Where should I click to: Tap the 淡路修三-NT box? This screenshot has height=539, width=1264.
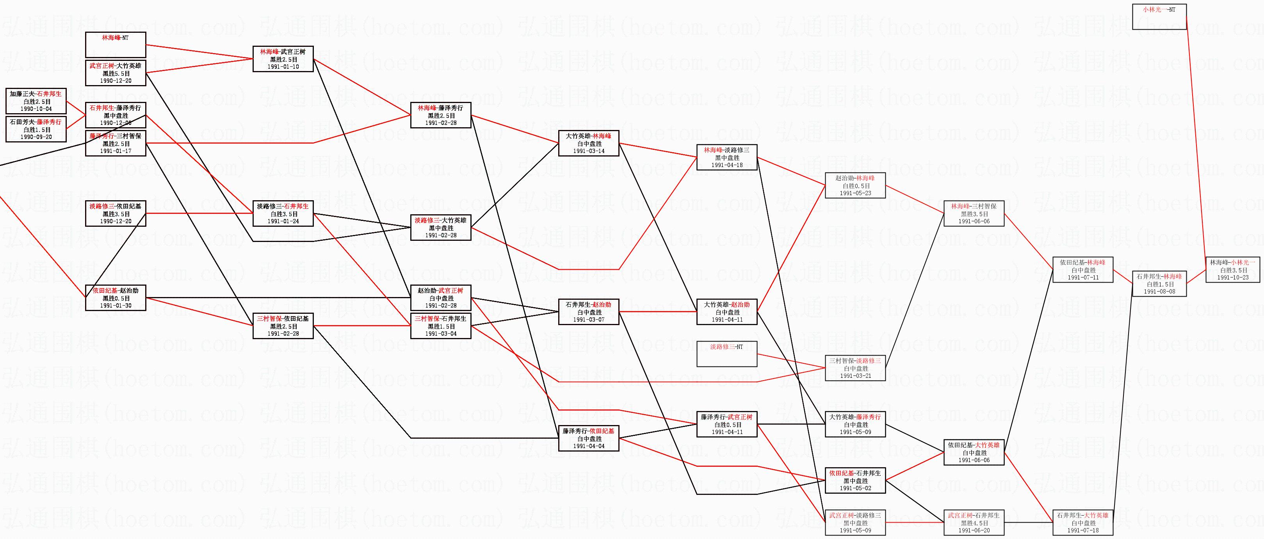click(x=727, y=354)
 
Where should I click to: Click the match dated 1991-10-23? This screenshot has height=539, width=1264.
click(x=1233, y=270)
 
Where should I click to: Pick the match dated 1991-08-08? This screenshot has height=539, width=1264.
click(x=1159, y=283)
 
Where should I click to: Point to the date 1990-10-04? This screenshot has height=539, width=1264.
click(x=36, y=109)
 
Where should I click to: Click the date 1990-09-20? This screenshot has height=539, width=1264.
click(x=36, y=137)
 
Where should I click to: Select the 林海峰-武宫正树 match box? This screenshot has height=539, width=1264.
click(x=283, y=59)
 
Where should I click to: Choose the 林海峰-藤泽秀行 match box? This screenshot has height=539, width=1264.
click(x=440, y=115)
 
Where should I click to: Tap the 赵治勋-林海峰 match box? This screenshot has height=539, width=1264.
click(x=855, y=185)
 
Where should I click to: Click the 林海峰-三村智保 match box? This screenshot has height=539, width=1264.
click(x=974, y=214)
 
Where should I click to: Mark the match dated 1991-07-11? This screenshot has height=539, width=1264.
click(x=1082, y=270)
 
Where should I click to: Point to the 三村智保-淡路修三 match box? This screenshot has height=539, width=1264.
click(x=855, y=368)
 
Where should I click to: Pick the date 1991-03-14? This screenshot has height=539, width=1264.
click(x=588, y=151)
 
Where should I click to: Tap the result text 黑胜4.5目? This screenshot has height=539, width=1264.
click(x=974, y=523)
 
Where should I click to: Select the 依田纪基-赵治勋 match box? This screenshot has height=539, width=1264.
click(x=115, y=298)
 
